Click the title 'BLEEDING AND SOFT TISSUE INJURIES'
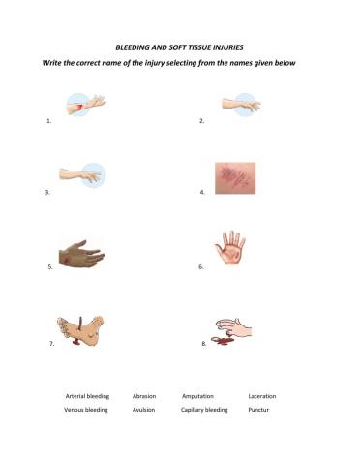[180, 46]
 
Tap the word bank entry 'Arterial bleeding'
[87, 396]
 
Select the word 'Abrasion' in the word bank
[144, 396]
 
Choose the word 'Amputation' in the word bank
[197, 396]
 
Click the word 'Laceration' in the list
[262, 396]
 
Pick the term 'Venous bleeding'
[86, 410]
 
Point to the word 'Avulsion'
[143, 410]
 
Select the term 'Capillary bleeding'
[204, 410]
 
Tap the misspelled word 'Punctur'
[258, 410]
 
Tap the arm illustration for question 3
[82, 175]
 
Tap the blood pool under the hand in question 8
[225, 343]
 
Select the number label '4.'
[202, 193]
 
